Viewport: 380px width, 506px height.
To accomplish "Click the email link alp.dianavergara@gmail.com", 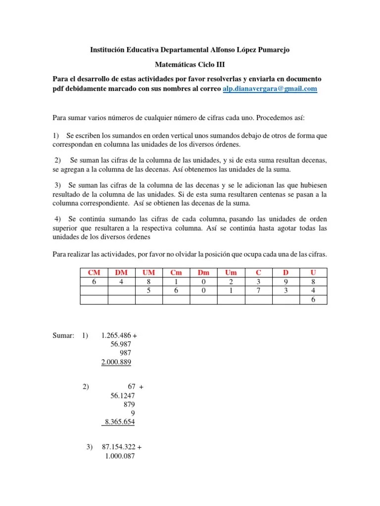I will click(x=269, y=88).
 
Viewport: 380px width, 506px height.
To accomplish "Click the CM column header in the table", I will click(x=94, y=272).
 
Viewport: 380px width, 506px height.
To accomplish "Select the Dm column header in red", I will click(x=203, y=272).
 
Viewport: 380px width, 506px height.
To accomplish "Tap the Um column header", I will click(x=231, y=272).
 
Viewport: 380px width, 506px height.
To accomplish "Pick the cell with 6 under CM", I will click(x=94, y=281).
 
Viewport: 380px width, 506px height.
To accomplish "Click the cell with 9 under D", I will click(x=285, y=281).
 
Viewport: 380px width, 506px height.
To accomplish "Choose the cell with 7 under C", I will click(x=258, y=291).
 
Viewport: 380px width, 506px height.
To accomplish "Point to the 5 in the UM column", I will click(x=148, y=291).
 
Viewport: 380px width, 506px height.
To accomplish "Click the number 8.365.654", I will click(x=119, y=422).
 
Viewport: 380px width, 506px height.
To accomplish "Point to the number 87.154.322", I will click(x=118, y=447).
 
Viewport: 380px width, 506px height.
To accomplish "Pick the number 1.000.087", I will click(x=120, y=457).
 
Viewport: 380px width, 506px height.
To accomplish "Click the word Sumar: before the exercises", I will click(x=63, y=336).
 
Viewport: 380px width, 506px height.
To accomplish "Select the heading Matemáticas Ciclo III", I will click(x=190, y=64).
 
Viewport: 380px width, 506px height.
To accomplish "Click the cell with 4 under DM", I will click(x=121, y=281).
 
